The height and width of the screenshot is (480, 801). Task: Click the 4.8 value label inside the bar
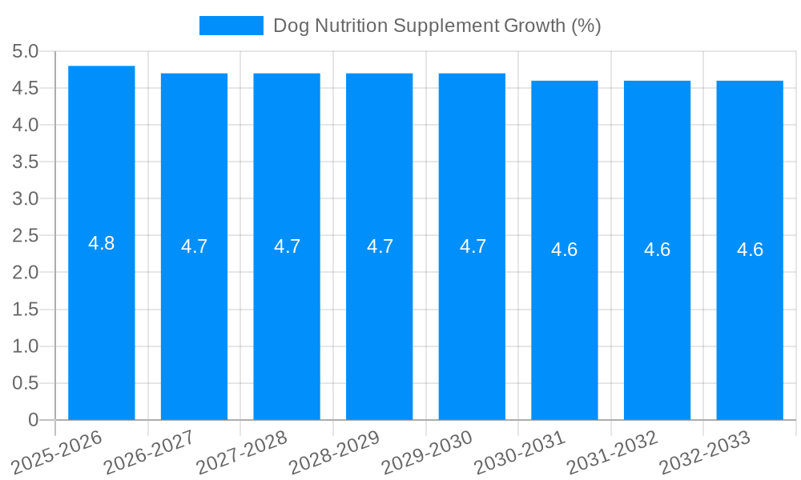click(x=102, y=244)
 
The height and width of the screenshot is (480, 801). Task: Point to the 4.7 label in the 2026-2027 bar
click(x=195, y=246)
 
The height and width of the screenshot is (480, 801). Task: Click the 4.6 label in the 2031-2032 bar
click(x=658, y=250)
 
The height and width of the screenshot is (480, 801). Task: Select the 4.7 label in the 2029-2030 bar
click(x=473, y=246)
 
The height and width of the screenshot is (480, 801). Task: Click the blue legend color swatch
click(x=231, y=26)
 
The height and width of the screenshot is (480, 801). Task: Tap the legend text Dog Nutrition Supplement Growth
click(x=437, y=26)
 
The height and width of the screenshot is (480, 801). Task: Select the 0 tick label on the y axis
click(x=33, y=420)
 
